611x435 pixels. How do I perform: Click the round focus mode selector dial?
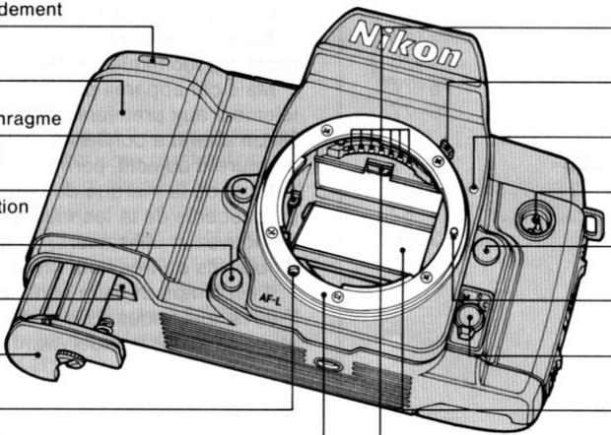coord(470,317)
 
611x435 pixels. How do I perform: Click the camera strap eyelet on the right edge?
coord(591,224)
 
